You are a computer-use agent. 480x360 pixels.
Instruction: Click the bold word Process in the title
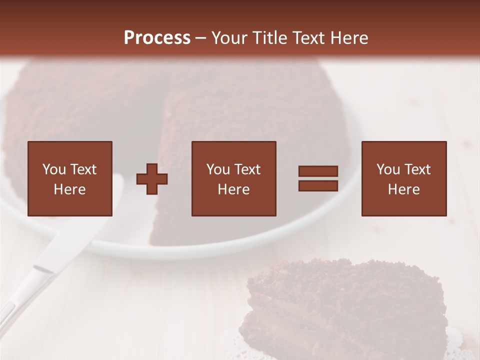click(157, 38)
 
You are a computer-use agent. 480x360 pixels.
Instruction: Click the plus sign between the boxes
click(152, 179)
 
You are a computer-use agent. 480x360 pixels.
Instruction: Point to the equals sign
click(318, 178)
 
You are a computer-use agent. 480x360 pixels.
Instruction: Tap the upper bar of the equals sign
click(318, 171)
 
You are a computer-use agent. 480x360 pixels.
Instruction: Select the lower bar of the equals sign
click(318, 185)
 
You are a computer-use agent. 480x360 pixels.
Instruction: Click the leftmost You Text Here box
click(70, 178)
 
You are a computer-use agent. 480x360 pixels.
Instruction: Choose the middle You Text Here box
click(233, 178)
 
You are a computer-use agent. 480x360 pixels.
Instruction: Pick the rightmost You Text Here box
click(403, 178)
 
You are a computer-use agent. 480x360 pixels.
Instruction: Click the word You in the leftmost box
click(53, 169)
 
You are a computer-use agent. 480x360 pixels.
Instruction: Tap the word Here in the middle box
click(233, 189)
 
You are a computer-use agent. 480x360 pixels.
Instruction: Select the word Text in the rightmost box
click(416, 169)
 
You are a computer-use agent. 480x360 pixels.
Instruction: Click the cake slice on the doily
click(340, 305)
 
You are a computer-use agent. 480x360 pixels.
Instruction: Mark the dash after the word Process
click(201, 38)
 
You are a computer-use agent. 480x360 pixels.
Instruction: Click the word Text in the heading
click(307, 38)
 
